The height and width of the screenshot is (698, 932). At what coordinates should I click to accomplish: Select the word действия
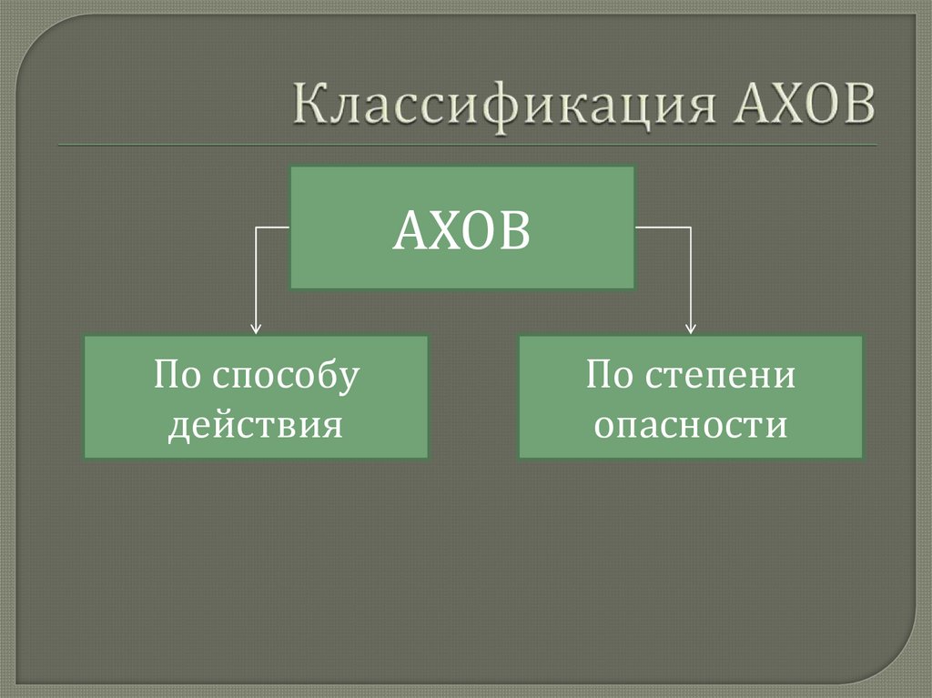(x=256, y=425)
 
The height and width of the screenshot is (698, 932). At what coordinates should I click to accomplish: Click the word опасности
(x=691, y=425)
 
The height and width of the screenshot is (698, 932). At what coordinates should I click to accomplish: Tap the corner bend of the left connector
(x=256, y=227)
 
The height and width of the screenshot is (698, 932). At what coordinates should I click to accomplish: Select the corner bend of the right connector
(x=691, y=227)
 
